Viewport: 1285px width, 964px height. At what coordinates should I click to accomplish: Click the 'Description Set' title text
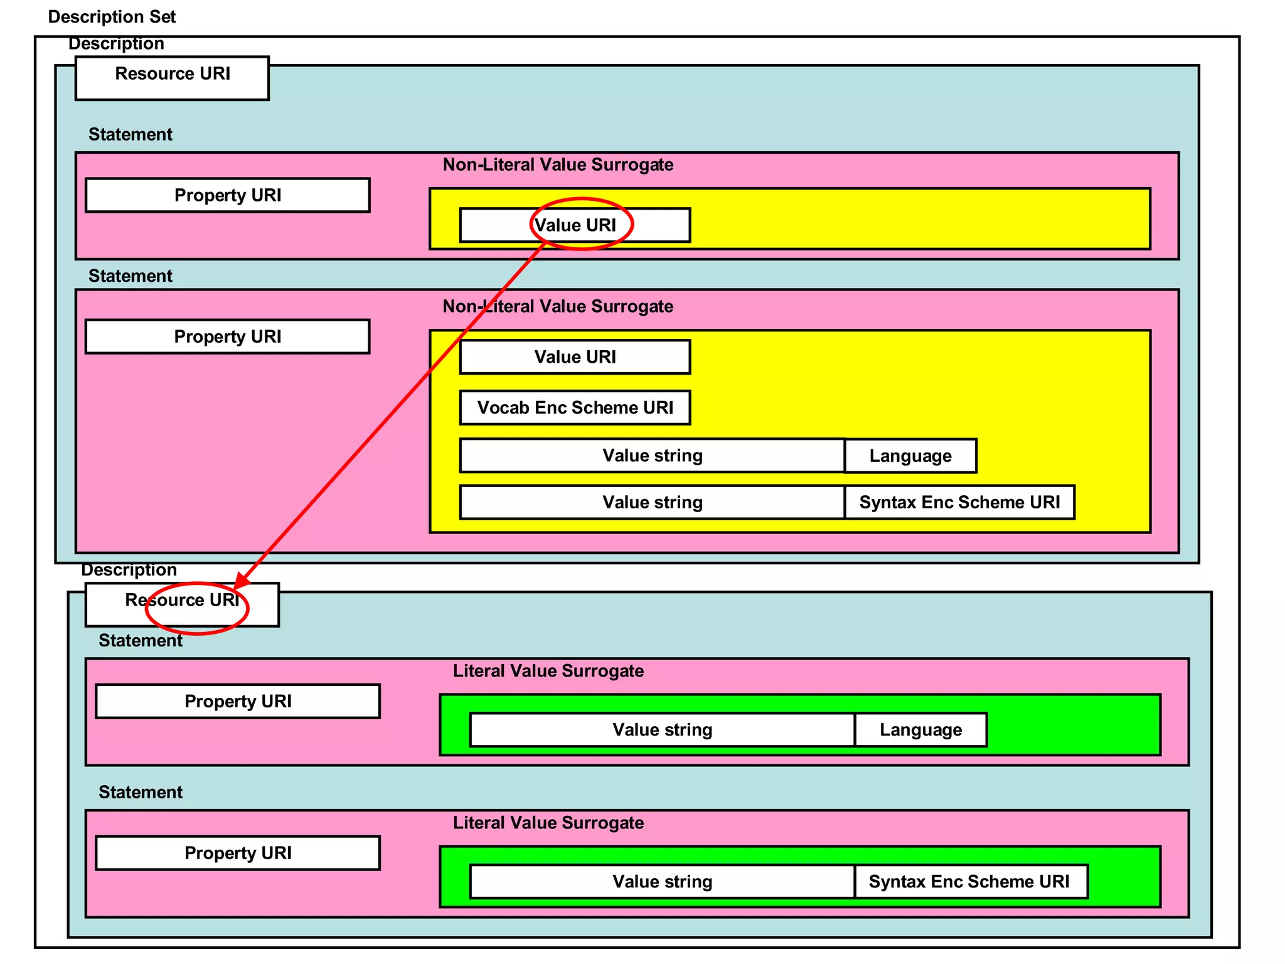(112, 17)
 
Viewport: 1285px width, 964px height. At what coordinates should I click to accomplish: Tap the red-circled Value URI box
(575, 225)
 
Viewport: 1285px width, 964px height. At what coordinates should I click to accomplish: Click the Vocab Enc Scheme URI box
(575, 408)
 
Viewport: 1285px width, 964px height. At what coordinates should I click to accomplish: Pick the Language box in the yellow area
(910, 456)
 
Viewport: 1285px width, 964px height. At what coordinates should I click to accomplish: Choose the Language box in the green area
(920, 730)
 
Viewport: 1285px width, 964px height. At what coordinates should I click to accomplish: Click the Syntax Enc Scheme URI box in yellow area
(959, 502)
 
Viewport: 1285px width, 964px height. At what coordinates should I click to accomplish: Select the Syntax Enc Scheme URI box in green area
(970, 882)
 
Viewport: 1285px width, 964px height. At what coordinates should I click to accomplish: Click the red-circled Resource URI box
(182, 604)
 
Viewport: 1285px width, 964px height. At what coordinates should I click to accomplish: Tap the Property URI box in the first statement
(227, 195)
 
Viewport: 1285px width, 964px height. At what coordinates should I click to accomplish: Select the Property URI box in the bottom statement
(238, 853)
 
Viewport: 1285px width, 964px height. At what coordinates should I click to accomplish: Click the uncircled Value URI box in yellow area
(575, 357)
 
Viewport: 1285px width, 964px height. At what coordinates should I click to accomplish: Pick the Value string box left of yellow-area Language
(653, 456)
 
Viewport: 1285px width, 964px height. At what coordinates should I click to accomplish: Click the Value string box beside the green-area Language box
(663, 730)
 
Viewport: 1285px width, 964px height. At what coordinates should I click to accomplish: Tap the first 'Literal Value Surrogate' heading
(548, 671)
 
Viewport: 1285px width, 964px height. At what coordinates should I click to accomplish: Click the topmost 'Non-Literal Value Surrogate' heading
(558, 164)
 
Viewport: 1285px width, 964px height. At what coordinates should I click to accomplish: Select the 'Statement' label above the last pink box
(141, 792)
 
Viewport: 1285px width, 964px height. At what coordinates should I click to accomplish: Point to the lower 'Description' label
(129, 570)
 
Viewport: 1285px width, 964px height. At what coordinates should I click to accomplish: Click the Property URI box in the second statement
(227, 337)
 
